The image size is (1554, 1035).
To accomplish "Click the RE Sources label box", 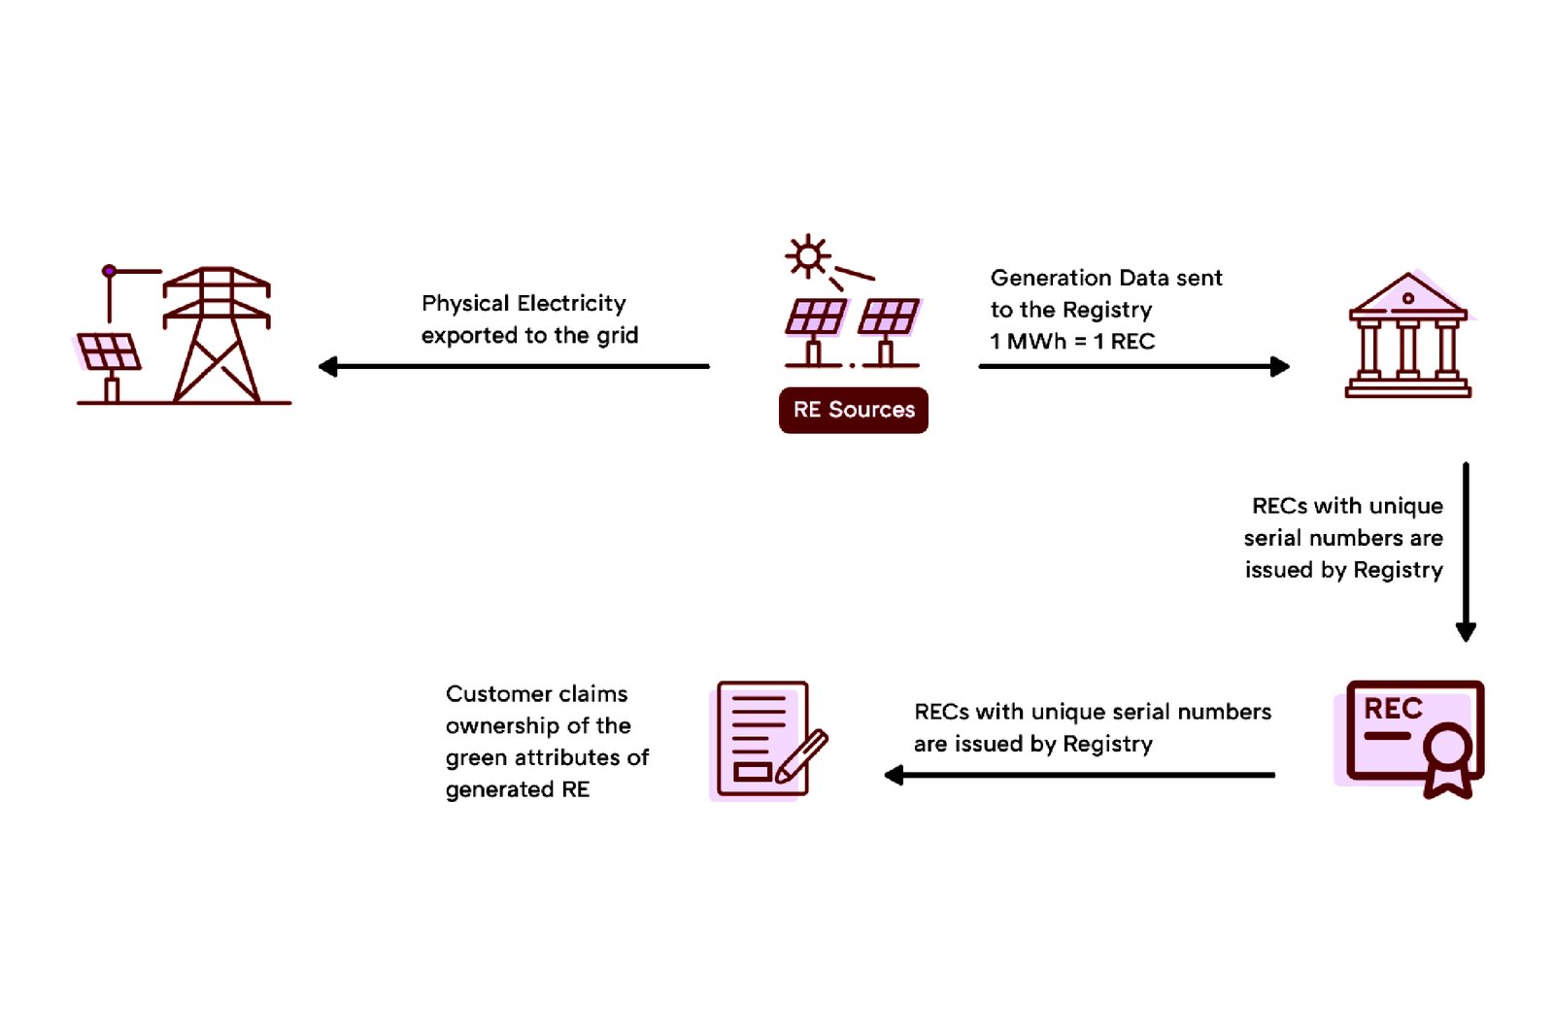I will tap(853, 410).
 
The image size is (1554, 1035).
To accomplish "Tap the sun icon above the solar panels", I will tap(807, 256).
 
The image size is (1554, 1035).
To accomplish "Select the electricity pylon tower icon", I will tap(216, 334).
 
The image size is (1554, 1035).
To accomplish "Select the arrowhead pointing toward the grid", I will tap(328, 366).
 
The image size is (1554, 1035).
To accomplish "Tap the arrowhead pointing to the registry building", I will tap(1280, 366).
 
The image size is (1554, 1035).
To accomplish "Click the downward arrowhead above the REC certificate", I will tap(1466, 631).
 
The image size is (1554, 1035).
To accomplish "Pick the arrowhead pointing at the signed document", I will tap(895, 775).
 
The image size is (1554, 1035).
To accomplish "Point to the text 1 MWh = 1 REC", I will tap(1072, 342).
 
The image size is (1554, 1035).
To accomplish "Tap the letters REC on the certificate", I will tap(1393, 709).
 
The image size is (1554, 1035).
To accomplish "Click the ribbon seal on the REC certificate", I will tap(1448, 758).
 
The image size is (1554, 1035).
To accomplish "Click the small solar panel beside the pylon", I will tap(108, 351).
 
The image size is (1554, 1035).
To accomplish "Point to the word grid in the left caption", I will tap(617, 336).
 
